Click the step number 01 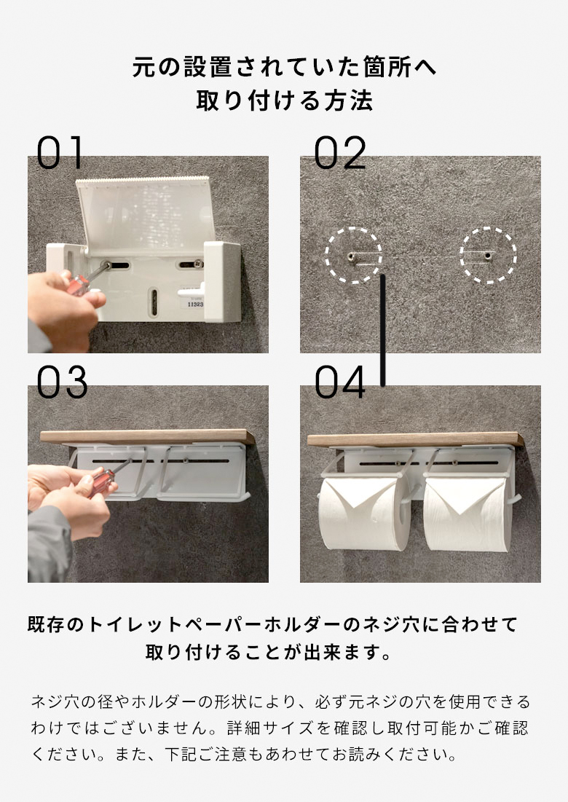[x=61, y=153]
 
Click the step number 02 [x=339, y=153]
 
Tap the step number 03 [x=62, y=383]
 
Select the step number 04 [x=340, y=383]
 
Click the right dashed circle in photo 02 [x=488, y=255]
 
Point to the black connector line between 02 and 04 [x=382, y=328]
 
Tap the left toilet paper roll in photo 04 [x=362, y=514]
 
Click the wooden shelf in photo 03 [x=146, y=437]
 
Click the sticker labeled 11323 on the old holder [x=195, y=305]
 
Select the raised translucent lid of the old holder [x=146, y=211]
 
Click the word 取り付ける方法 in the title [x=284, y=101]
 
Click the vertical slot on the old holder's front [x=154, y=299]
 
